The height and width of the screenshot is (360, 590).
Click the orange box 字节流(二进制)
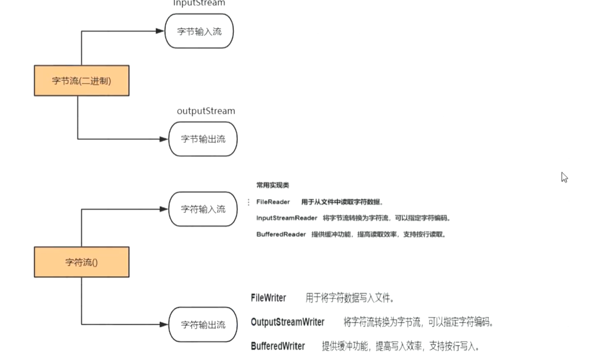81,80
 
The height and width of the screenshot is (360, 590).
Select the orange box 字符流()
81,262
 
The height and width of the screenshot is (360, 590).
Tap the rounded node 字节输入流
199,31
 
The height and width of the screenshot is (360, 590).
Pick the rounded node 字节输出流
203,139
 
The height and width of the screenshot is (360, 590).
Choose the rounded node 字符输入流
203,209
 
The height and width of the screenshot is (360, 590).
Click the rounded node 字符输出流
203,325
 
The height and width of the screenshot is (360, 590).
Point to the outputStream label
206,111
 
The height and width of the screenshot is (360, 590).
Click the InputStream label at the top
199,3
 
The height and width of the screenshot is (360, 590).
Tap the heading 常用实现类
273,185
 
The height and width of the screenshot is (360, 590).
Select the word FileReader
273,202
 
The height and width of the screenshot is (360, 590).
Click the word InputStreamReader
287,218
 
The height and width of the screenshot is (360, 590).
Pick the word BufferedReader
281,234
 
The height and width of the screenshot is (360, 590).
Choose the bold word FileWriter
268,298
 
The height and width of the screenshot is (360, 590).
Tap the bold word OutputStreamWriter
288,322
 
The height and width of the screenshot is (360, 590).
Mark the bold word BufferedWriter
278,346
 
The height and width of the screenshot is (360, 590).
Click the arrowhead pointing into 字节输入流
160,31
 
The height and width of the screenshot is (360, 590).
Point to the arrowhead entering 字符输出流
164,325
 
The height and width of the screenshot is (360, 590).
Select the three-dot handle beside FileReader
248,202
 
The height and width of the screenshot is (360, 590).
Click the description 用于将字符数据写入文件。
350,298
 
